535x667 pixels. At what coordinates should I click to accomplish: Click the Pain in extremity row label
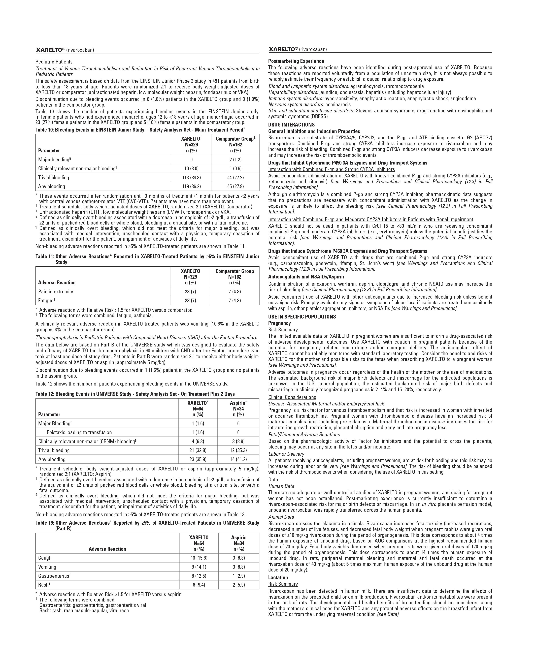56,291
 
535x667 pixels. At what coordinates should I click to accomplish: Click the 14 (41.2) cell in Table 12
238,459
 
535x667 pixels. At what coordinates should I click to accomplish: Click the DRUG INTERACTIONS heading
291,125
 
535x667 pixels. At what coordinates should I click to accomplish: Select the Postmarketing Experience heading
296,61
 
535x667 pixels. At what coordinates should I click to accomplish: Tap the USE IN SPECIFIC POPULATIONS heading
302,317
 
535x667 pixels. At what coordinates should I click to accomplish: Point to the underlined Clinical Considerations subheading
292,397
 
